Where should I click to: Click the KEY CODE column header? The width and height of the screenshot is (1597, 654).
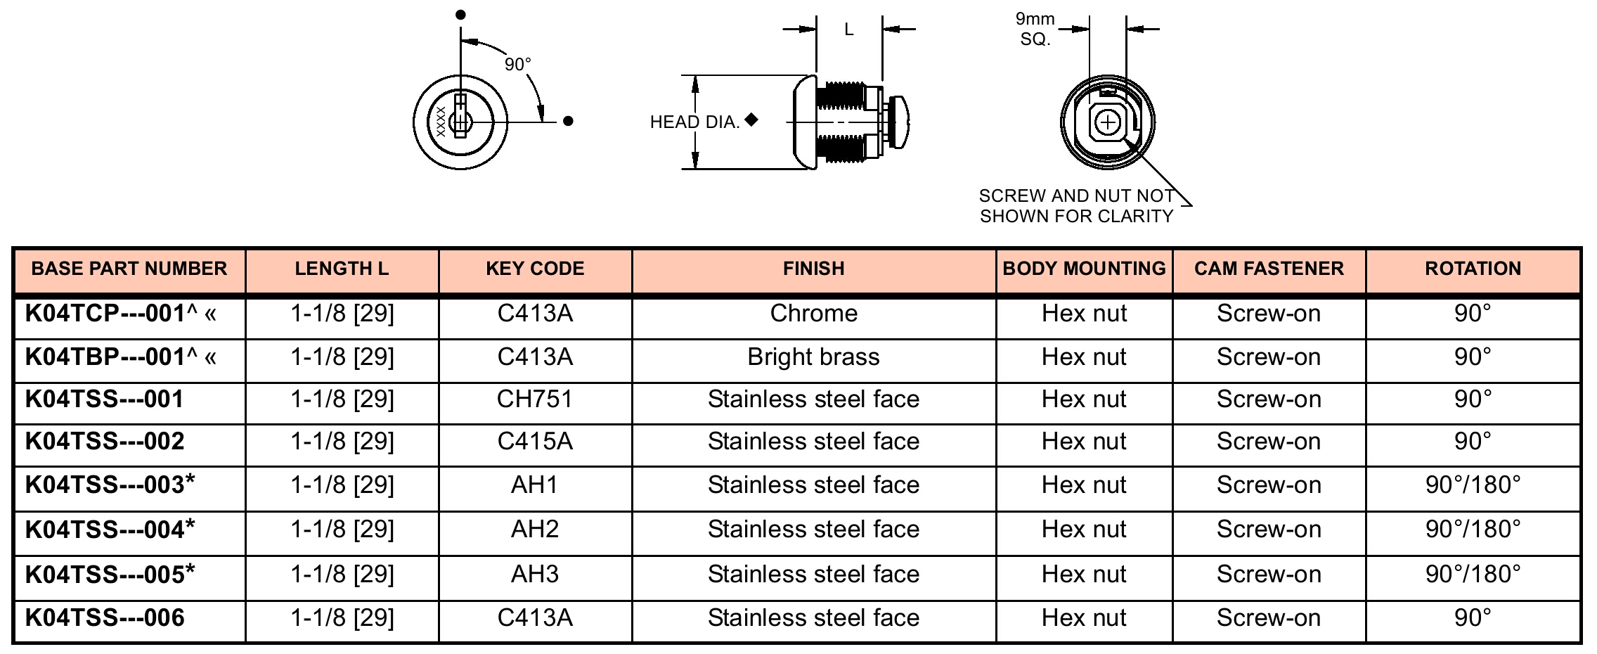pyautogui.click(x=535, y=269)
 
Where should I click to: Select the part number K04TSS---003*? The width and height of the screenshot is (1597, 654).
pyautogui.click(x=110, y=485)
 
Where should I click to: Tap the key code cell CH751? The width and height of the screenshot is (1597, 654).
pyautogui.click(x=535, y=399)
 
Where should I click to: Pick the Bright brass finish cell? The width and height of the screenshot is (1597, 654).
pyautogui.click(x=813, y=357)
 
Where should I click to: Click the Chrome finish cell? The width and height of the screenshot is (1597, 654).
pyautogui.click(x=813, y=313)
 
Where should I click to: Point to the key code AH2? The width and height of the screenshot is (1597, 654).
pyautogui.click(x=535, y=529)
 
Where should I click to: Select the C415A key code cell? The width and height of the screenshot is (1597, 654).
pyautogui.click(x=535, y=442)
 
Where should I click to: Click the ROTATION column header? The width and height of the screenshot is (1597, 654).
pyautogui.click(x=1473, y=269)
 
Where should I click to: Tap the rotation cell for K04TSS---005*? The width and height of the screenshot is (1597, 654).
pyautogui.click(x=1473, y=574)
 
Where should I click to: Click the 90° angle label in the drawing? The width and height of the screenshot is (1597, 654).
pyautogui.click(x=518, y=65)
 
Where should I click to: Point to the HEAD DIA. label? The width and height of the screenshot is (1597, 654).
pyautogui.click(x=694, y=122)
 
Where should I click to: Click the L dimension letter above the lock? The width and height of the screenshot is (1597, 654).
pyautogui.click(x=849, y=30)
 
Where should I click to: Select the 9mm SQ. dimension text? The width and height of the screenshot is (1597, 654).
pyautogui.click(x=1035, y=29)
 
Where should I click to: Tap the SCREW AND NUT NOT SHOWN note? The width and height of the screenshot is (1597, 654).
pyautogui.click(x=1077, y=206)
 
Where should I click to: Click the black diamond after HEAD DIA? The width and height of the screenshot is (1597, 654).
pyautogui.click(x=751, y=120)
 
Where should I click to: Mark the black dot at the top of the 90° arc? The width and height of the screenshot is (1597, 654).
pyautogui.click(x=460, y=15)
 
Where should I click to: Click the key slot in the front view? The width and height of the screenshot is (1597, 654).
pyautogui.click(x=460, y=117)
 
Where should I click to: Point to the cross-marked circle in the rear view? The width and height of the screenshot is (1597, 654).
pyautogui.click(x=1108, y=124)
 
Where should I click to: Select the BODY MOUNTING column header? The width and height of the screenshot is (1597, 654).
pyautogui.click(x=1084, y=269)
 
